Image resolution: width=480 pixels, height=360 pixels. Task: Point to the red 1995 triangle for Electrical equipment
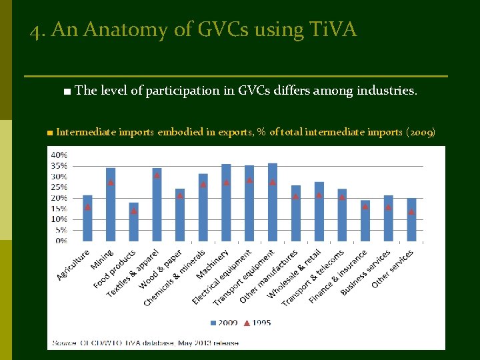249,180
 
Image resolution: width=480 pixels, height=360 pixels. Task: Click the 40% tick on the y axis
59,155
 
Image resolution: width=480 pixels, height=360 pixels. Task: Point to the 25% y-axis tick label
59,187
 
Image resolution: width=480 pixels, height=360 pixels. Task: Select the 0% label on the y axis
61,241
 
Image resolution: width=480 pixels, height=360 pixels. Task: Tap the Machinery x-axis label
213,265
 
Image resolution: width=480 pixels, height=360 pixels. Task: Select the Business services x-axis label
366,273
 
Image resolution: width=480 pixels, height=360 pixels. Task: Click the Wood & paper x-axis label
161,270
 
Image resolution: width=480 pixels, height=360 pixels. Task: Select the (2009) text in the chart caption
421,132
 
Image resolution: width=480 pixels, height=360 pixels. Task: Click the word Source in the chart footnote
65,343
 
